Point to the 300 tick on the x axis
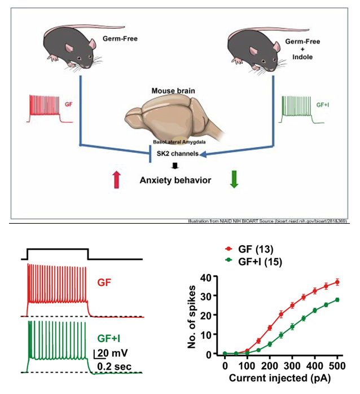coord(292,363)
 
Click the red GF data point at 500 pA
coord(337,282)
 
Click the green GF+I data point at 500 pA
coord(337,300)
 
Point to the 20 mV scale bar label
coord(109,353)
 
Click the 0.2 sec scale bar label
coord(115,366)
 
